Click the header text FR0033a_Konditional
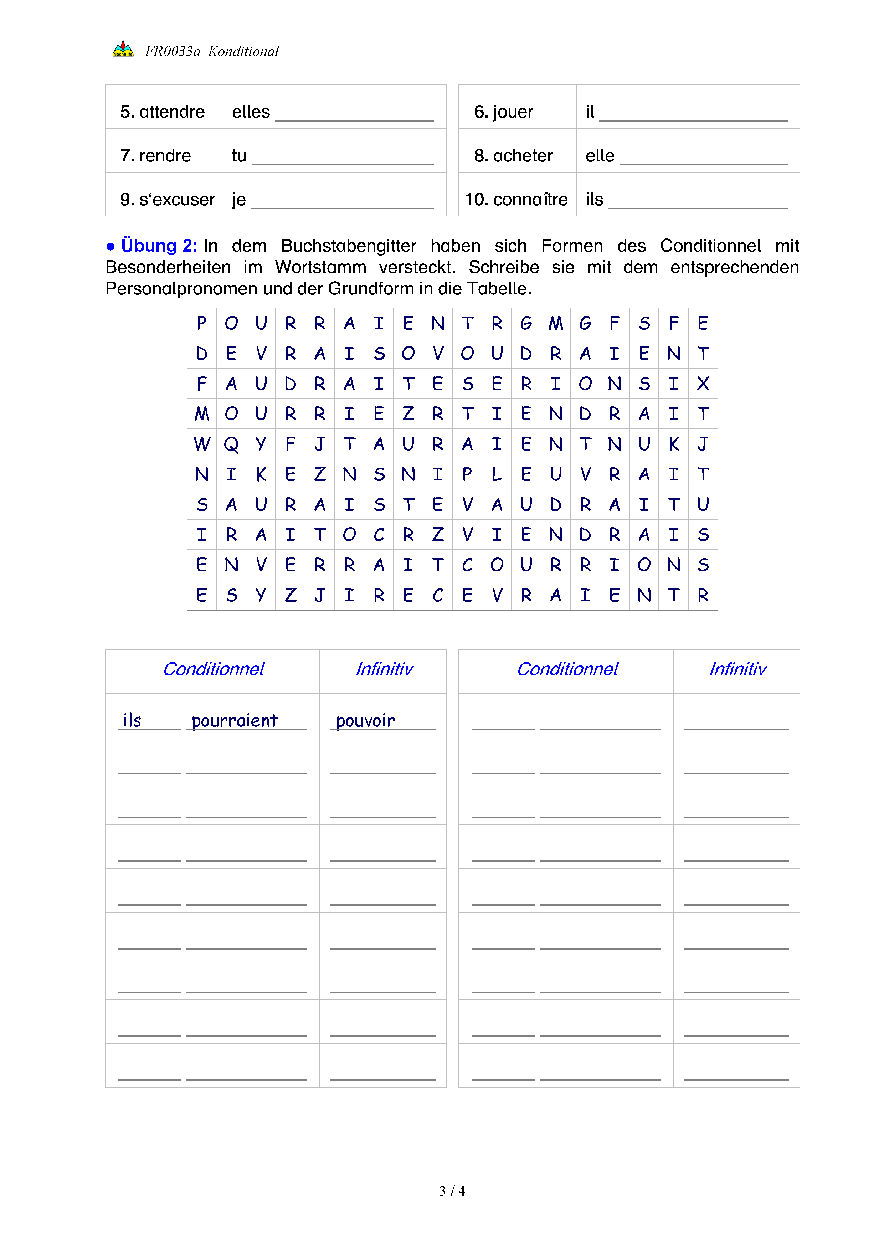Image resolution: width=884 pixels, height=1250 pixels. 211,51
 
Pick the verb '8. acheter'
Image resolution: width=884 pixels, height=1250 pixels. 513,156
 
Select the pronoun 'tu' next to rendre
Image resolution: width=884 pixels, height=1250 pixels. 239,156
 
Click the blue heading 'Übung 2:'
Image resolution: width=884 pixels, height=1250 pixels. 158,246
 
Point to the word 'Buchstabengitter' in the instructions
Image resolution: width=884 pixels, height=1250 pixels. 348,246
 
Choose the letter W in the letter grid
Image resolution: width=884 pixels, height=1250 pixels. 201,444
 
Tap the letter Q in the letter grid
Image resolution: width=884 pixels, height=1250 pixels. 231,444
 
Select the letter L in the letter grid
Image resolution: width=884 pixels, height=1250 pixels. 497,474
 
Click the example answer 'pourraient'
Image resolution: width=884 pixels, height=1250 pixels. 234,721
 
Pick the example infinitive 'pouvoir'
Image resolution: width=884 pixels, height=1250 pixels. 365,721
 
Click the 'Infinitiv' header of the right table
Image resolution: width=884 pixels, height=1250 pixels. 737,669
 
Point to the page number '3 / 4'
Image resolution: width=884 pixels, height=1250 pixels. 452,1191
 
